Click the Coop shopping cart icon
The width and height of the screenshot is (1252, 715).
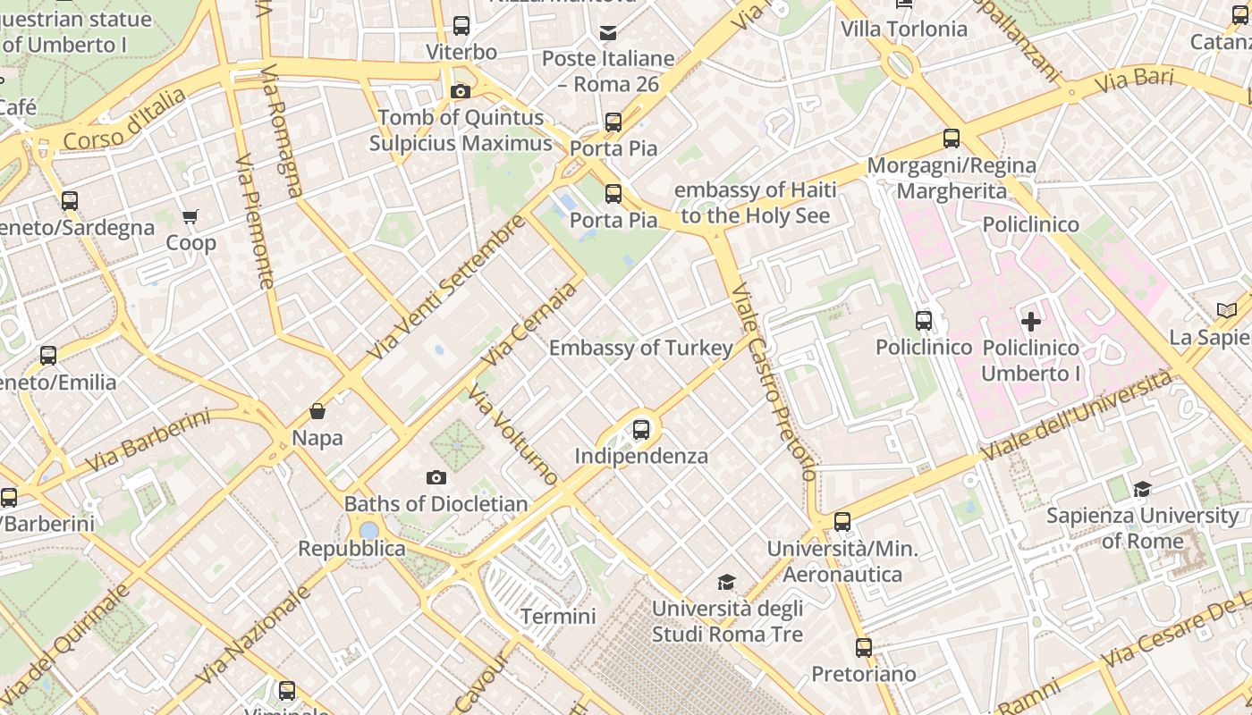point(190,216)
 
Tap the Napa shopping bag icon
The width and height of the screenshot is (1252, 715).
point(317,411)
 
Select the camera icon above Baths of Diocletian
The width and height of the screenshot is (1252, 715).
point(436,478)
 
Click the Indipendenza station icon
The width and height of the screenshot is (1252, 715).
point(641,430)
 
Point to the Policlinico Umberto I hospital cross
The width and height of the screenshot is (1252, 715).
point(1031,322)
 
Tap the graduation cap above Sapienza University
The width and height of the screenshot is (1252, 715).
point(1142,489)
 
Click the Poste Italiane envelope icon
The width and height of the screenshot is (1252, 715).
point(608,34)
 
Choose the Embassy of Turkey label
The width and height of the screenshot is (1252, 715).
point(641,348)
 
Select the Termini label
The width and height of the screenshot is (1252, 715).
point(558,617)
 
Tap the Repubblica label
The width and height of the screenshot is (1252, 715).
point(351,549)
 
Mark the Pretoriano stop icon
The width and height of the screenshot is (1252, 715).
point(863,647)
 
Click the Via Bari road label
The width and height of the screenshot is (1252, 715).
point(1134,80)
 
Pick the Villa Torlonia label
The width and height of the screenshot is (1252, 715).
point(904,29)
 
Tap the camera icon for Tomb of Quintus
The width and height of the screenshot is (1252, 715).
point(461,91)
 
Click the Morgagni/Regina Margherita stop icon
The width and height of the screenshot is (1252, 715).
point(952,139)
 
